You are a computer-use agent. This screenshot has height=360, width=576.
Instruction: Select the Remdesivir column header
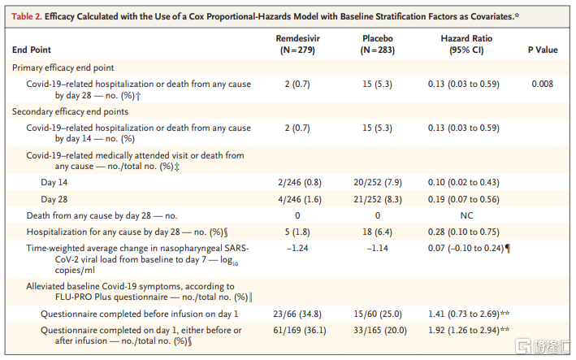[x=297, y=38]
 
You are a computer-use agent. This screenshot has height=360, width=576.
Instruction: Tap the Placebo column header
[x=377, y=38]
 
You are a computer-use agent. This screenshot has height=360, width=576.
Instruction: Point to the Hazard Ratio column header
[x=466, y=38]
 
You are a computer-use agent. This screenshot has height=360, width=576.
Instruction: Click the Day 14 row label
[x=54, y=183]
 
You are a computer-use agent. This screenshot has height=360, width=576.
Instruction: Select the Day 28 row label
[x=54, y=199]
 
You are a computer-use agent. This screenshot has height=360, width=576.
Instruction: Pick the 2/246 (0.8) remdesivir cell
[x=298, y=183]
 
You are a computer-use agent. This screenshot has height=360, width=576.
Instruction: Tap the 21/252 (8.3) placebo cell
[x=378, y=199]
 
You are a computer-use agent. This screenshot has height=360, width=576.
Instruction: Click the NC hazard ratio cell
[x=466, y=215]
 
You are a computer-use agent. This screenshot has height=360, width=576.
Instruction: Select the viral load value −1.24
[x=298, y=248]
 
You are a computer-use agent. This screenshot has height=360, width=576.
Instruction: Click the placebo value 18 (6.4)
[x=378, y=232]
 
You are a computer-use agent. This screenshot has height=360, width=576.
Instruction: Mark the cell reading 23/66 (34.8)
[x=298, y=314]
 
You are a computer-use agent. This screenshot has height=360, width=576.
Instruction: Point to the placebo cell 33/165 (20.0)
[x=378, y=330]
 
